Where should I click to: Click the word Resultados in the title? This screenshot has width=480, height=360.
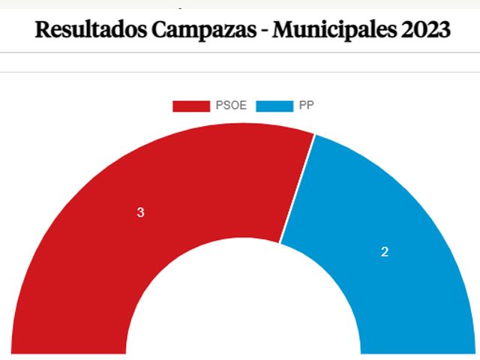click(x=89, y=30)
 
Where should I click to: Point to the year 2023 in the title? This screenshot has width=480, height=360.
click(x=425, y=30)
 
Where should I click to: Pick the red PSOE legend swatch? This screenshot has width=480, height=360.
click(x=190, y=106)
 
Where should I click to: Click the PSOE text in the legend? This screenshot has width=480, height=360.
click(x=231, y=106)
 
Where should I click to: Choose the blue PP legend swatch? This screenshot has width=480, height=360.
click(x=274, y=106)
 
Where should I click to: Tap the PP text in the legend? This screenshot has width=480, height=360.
click(x=306, y=106)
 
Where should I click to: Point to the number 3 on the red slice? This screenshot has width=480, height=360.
click(x=140, y=213)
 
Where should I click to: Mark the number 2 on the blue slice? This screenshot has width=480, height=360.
click(x=385, y=252)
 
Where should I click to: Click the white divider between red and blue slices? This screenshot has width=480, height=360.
click(x=297, y=187)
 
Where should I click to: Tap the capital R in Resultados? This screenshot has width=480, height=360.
click(x=43, y=30)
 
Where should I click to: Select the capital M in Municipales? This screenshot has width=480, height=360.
click(x=284, y=30)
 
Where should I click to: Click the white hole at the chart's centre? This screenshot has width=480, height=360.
click(x=244, y=315)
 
